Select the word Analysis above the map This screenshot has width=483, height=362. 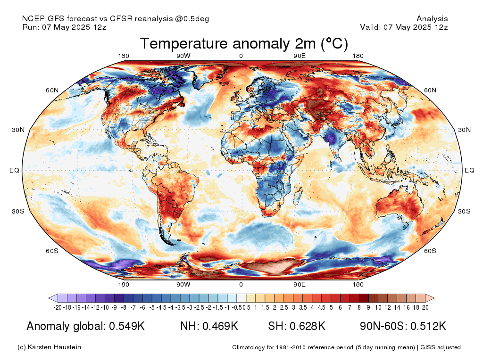432,19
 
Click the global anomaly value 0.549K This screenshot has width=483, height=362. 127,326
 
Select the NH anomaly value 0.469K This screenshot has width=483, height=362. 220,326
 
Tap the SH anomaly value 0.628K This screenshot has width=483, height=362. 307,326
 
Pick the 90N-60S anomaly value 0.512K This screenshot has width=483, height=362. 428,326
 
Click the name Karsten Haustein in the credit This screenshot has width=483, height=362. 55,347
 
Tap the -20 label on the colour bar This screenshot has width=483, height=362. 58,307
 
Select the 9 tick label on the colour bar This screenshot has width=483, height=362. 368,307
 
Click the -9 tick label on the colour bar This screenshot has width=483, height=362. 114,307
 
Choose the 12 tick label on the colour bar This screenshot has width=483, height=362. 388,307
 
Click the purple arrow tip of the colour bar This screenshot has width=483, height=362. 49,298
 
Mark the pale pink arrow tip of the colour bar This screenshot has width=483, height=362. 434,298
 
